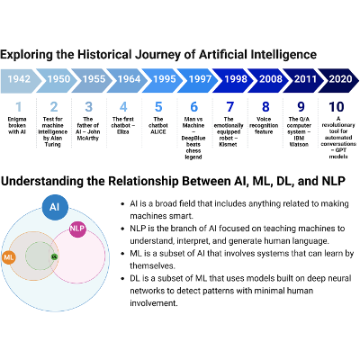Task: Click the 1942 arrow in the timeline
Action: point(20,80)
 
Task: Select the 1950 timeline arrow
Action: point(57,80)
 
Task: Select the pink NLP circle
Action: point(76,230)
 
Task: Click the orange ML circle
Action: point(10,257)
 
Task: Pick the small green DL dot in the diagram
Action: point(54,257)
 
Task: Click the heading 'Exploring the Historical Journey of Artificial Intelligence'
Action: point(158,55)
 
